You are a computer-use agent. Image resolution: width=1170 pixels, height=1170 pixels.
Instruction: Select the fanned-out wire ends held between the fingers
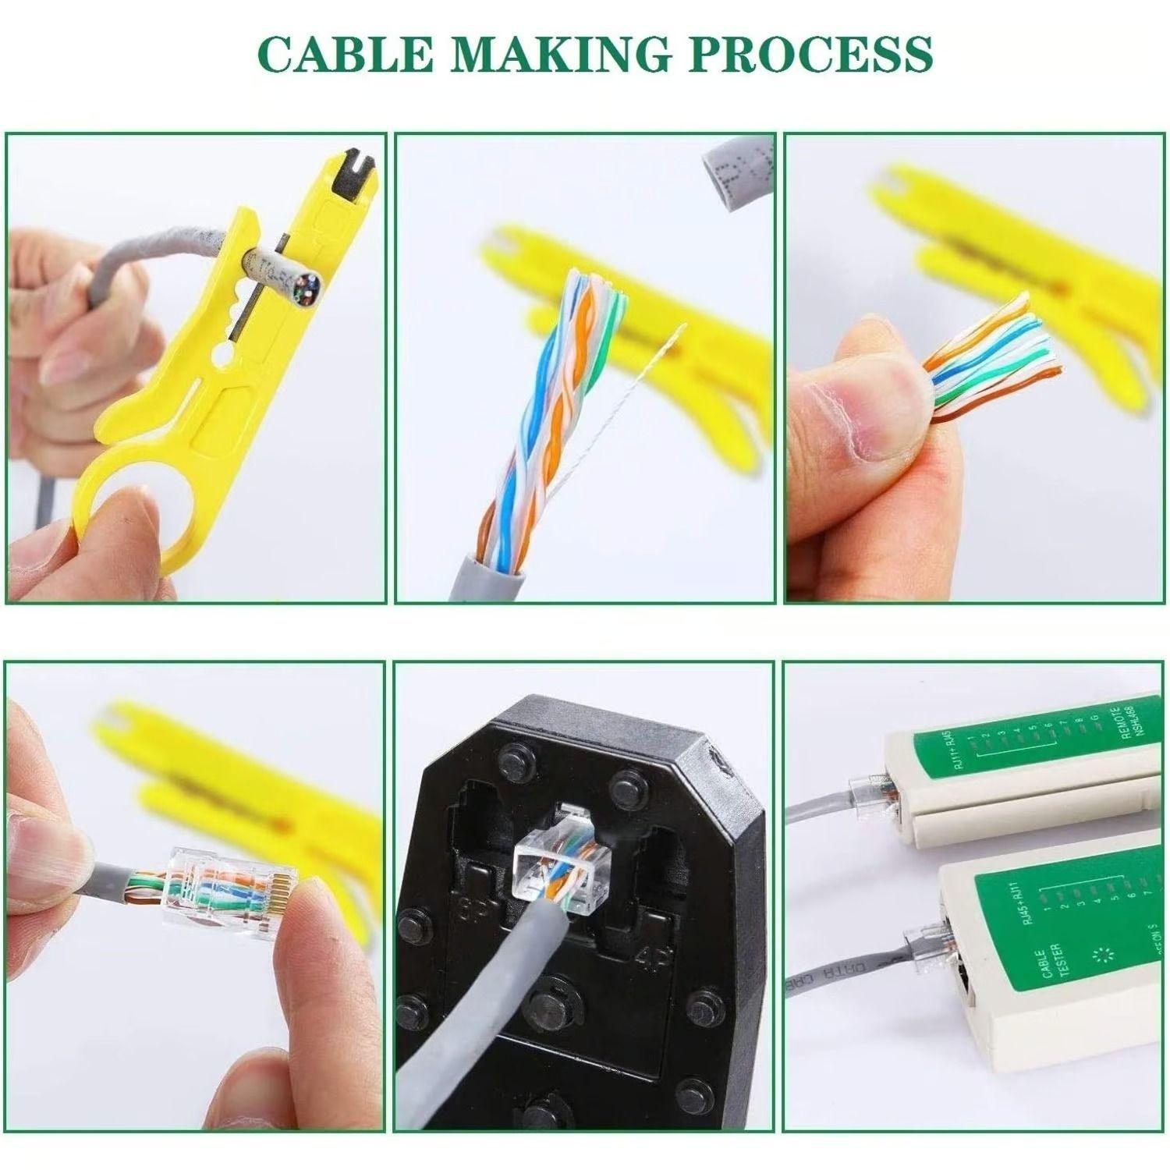tap(991, 355)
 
